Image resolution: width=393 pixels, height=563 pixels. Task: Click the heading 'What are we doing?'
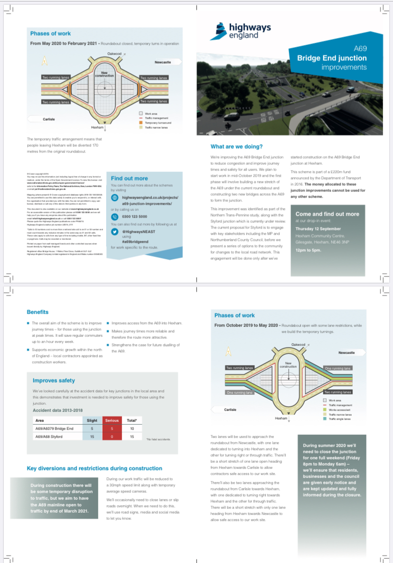[x=236, y=146]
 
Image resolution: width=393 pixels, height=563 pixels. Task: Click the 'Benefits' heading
[x=37, y=312]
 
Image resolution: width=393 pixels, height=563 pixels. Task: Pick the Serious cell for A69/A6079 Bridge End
[x=112, y=429]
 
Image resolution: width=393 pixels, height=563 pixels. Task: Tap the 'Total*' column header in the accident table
[x=132, y=420]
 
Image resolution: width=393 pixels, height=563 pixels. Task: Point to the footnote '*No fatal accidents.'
[x=159, y=439]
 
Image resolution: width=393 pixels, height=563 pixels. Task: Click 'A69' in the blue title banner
[x=360, y=48]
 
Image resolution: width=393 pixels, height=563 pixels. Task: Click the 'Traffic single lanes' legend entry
[x=340, y=419]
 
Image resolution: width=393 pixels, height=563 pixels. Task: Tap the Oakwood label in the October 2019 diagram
[x=298, y=344]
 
